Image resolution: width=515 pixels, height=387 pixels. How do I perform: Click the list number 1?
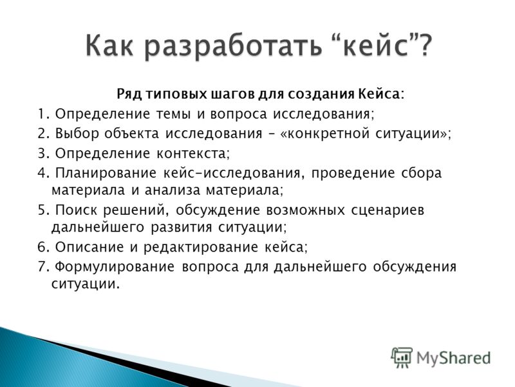point(42,114)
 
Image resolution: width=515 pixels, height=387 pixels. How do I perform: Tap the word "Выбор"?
point(77,134)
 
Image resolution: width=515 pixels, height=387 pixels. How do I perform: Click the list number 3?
point(42,154)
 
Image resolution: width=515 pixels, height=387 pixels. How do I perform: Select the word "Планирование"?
point(106,173)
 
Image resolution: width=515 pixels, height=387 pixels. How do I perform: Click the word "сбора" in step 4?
point(422,173)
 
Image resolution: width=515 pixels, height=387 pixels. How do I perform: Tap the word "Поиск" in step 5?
point(75,210)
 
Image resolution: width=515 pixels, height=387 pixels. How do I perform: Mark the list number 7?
point(42,266)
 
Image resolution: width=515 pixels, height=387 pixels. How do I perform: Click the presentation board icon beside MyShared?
point(401,357)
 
